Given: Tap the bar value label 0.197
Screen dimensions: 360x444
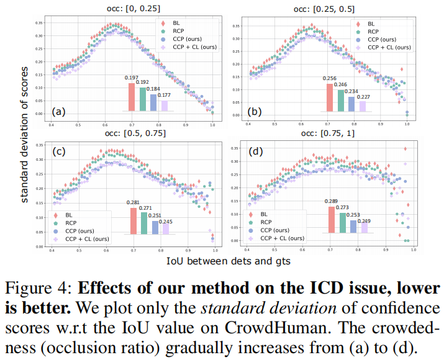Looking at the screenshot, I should pos(132,77).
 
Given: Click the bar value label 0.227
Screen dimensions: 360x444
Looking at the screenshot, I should pos(363,96).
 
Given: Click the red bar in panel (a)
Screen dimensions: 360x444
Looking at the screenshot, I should pos(132,97).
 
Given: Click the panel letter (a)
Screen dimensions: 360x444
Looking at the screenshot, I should pos(58,112).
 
